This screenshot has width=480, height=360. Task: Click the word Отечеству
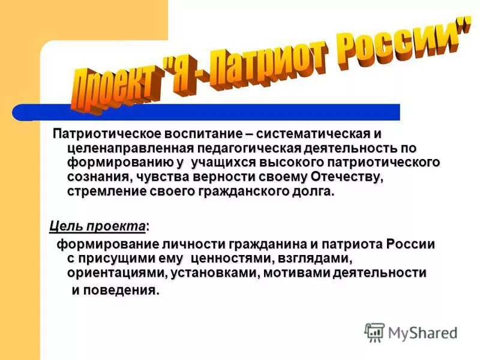(x=347, y=178)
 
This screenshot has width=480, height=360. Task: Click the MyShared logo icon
(x=374, y=332)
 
